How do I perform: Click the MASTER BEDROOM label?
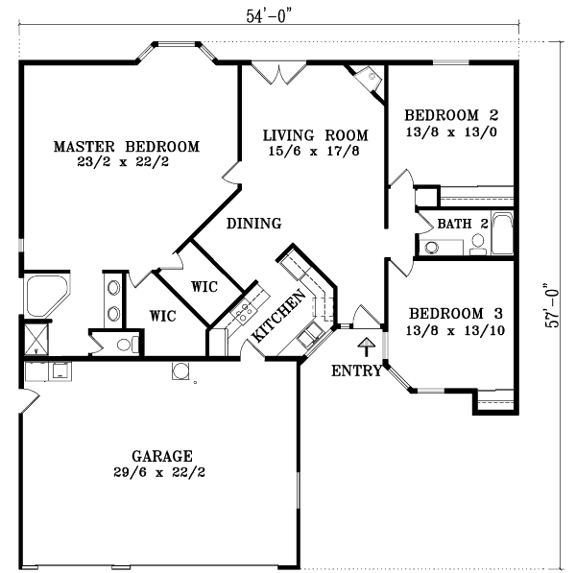pos(126,147)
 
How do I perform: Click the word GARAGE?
pos(161,456)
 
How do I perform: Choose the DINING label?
pos(253,224)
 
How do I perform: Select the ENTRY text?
pos(356,370)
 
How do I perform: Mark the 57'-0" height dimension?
pos(550,305)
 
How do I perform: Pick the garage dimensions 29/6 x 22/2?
pos(161,472)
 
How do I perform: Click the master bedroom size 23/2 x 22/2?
pos(126,163)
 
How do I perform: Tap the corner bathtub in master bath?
pos(43,295)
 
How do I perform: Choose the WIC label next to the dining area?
pos(204,286)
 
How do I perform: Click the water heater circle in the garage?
pos(180,371)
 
